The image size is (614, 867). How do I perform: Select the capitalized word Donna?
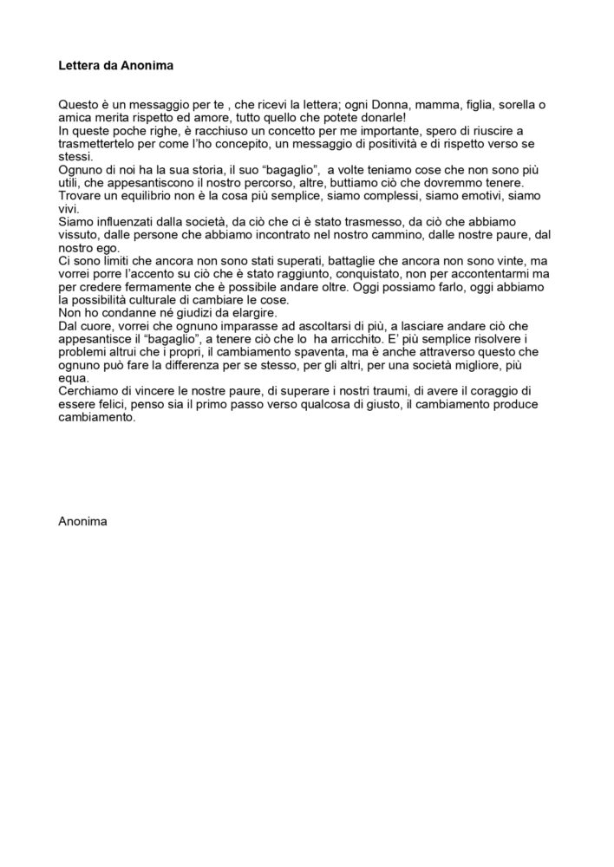click(395, 104)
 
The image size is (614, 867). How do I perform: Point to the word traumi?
click(415, 390)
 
